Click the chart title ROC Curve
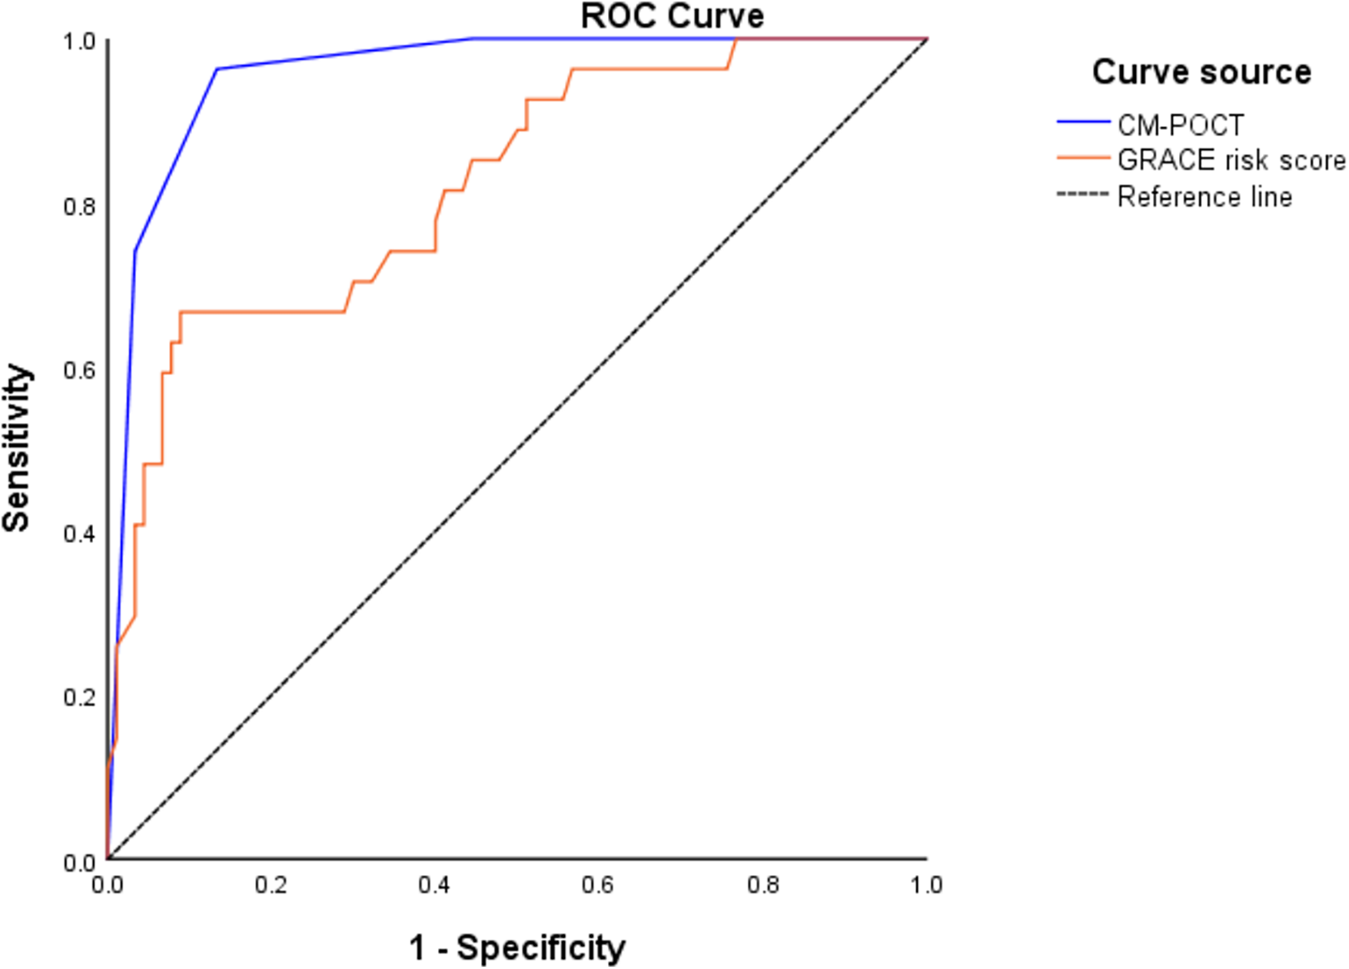coord(672,17)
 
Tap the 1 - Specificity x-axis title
coord(517,947)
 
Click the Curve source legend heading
coord(1201,72)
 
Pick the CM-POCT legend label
coord(1180,125)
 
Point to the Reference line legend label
coord(1204,197)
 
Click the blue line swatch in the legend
coord(1083,122)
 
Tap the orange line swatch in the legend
coord(1083,158)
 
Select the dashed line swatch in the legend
coord(1083,195)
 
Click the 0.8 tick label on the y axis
coord(79,206)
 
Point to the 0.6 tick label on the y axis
coord(79,370)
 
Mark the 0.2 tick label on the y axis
coord(79,698)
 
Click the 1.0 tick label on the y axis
coord(79,42)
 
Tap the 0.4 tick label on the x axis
coord(434,886)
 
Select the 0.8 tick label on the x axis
coord(763,886)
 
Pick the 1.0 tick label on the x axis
coord(926,886)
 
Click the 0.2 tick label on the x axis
coord(271,886)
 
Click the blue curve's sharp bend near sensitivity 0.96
coord(217,69)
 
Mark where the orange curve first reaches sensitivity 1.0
coord(737,38)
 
